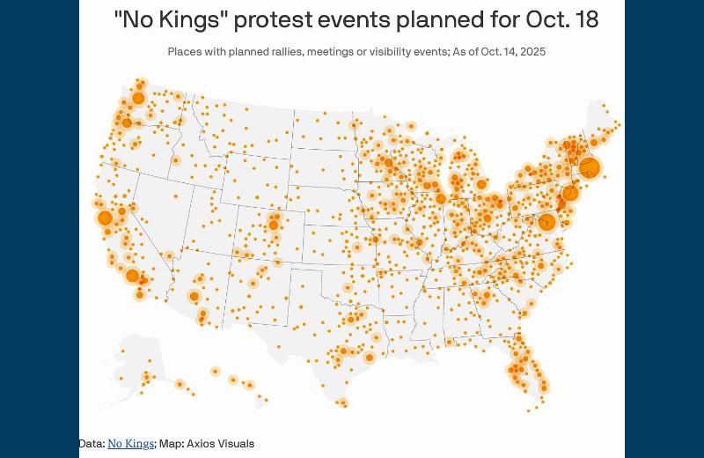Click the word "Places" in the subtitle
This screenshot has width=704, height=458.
click(185, 52)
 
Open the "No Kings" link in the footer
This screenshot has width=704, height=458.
click(130, 443)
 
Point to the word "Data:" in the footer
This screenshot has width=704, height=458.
click(92, 443)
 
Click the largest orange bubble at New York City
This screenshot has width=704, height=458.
click(590, 167)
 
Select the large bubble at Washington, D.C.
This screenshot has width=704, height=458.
click(546, 222)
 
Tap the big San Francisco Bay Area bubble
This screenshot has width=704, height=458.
click(105, 218)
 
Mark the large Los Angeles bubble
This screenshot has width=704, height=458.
click(132, 277)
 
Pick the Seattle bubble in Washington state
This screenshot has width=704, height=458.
click(137, 99)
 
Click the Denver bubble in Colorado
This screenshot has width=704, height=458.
click(274, 225)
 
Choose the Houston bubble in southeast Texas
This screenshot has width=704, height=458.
click(370, 357)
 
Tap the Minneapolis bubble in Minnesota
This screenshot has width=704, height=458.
click(388, 162)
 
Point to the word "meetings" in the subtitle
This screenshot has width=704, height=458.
click(319, 52)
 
